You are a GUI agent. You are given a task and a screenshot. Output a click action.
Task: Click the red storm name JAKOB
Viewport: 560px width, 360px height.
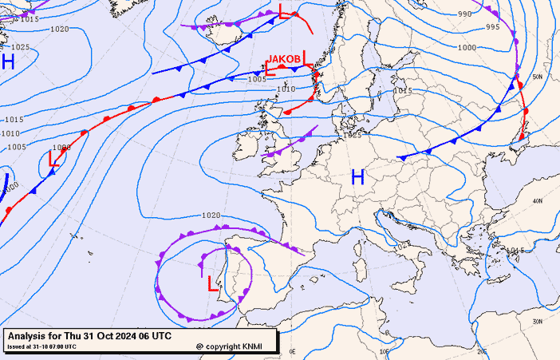[x=284, y=59]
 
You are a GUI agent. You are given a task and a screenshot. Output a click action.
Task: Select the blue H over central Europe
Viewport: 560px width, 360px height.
[x=357, y=177]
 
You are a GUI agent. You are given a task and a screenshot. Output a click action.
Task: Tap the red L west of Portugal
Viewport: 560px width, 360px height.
[x=212, y=283]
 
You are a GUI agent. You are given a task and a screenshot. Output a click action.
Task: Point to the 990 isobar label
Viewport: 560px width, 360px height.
[x=464, y=14]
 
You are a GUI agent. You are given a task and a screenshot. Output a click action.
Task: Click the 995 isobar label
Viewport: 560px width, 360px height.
[x=492, y=27]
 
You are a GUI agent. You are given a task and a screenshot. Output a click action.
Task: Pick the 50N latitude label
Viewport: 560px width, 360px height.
[x=538, y=77]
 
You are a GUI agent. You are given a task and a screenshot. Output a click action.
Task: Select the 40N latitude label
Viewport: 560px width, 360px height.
[x=537, y=200]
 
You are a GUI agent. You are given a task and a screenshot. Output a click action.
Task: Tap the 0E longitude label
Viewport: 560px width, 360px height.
[x=292, y=350]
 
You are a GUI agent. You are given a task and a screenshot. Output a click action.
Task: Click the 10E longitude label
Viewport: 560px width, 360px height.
[x=385, y=350]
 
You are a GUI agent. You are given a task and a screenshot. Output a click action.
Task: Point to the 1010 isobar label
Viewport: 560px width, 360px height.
[x=286, y=89]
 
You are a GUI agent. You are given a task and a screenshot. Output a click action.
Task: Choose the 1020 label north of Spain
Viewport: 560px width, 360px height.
[x=211, y=215]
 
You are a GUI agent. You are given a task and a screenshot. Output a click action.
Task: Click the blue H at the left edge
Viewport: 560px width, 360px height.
[x=8, y=62]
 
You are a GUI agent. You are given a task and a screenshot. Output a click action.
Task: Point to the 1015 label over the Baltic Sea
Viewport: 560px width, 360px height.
[x=403, y=91]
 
